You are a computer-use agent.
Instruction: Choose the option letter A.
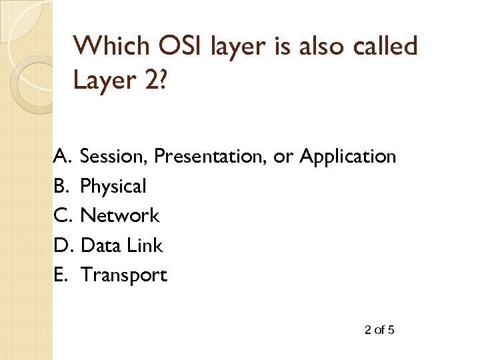(62, 157)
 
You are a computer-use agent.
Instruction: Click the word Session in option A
(113, 157)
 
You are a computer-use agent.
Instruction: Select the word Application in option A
(347, 157)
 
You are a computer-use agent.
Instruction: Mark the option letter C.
(62, 215)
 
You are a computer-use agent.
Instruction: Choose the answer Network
(120, 215)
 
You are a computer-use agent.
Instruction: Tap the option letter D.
(62, 245)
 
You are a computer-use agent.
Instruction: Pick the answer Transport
(123, 275)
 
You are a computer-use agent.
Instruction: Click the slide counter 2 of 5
(379, 329)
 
